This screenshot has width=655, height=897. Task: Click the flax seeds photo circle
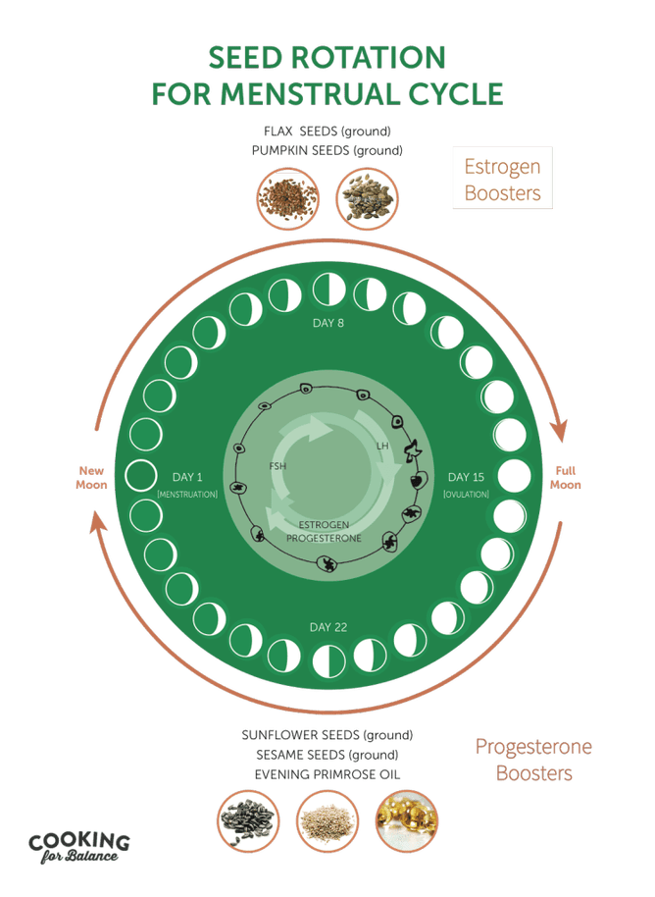point(288,198)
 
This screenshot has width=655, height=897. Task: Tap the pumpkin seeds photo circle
point(367,198)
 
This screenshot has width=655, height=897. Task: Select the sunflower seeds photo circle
point(249,821)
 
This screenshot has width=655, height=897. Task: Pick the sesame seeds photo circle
point(327,821)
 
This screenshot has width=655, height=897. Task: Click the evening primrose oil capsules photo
point(406,821)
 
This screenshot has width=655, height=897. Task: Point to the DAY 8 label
point(328,323)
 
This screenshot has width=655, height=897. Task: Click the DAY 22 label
point(328,627)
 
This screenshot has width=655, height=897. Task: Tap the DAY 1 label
point(187,477)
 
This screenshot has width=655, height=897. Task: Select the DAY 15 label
point(466,477)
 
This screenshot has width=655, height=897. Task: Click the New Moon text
point(91,478)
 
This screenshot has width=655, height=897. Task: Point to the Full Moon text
point(565,478)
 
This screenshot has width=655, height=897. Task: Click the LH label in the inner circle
point(382,446)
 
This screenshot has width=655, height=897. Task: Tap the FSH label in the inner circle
point(277,466)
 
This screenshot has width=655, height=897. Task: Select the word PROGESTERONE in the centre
point(324,539)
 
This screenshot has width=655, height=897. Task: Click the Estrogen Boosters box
point(502,178)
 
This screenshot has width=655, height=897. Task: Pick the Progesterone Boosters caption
point(533,760)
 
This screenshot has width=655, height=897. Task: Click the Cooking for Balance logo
point(78,847)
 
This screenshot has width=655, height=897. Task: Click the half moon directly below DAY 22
point(329,660)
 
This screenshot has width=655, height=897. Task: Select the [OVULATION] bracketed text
point(467,495)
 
